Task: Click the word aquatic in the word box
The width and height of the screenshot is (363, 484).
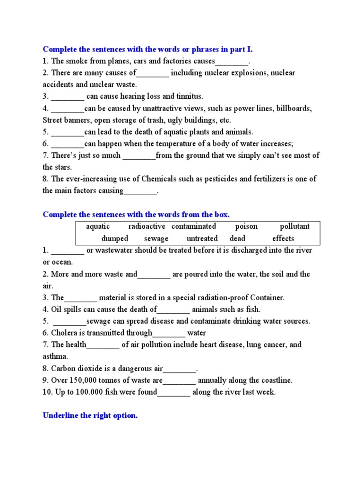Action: pos(98,226)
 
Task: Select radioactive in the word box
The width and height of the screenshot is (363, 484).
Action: pos(147,226)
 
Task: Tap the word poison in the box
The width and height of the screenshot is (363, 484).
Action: pos(246,226)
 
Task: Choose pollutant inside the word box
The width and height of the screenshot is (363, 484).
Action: pos(295,226)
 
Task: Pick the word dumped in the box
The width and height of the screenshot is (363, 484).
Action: pos(115,239)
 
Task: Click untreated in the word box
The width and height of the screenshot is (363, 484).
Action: pos(202,239)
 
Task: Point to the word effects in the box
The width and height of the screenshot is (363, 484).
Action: pos(283,239)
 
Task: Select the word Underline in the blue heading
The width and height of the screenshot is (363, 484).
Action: pos(61,416)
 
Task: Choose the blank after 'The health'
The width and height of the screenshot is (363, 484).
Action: pos(103,345)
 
